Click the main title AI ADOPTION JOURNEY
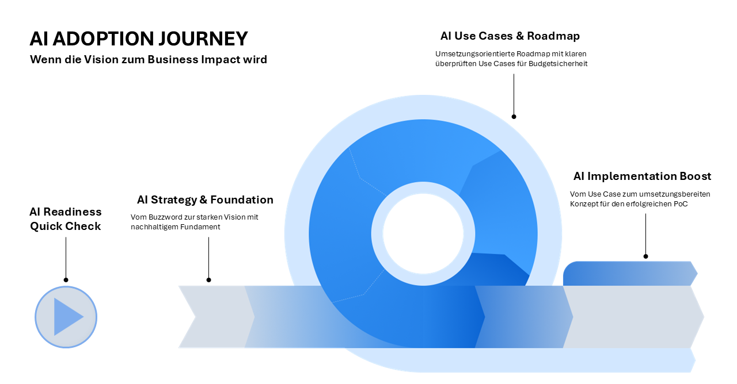tap(139, 39)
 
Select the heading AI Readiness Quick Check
tap(66, 219)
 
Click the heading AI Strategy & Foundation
tap(205, 199)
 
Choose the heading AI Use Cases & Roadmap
tap(510, 36)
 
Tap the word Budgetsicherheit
tap(557, 64)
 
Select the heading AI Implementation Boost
tap(642, 176)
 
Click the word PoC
tap(681, 204)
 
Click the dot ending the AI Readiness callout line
tap(66, 280)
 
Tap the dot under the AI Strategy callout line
tap(208, 280)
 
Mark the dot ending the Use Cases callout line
tap(514, 117)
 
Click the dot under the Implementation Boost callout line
tap(645, 256)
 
